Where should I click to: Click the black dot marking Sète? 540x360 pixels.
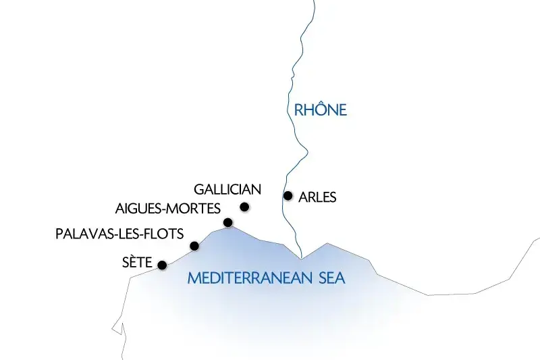(162, 265)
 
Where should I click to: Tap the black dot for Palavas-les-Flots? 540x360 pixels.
(194, 246)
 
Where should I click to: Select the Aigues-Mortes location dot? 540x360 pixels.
(228, 222)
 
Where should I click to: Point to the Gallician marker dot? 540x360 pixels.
(244, 207)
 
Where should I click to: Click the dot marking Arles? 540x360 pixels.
(288, 196)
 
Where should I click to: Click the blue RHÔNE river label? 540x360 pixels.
(320, 109)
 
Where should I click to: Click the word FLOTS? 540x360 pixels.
(164, 234)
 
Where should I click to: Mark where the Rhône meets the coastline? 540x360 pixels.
(302, 257)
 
